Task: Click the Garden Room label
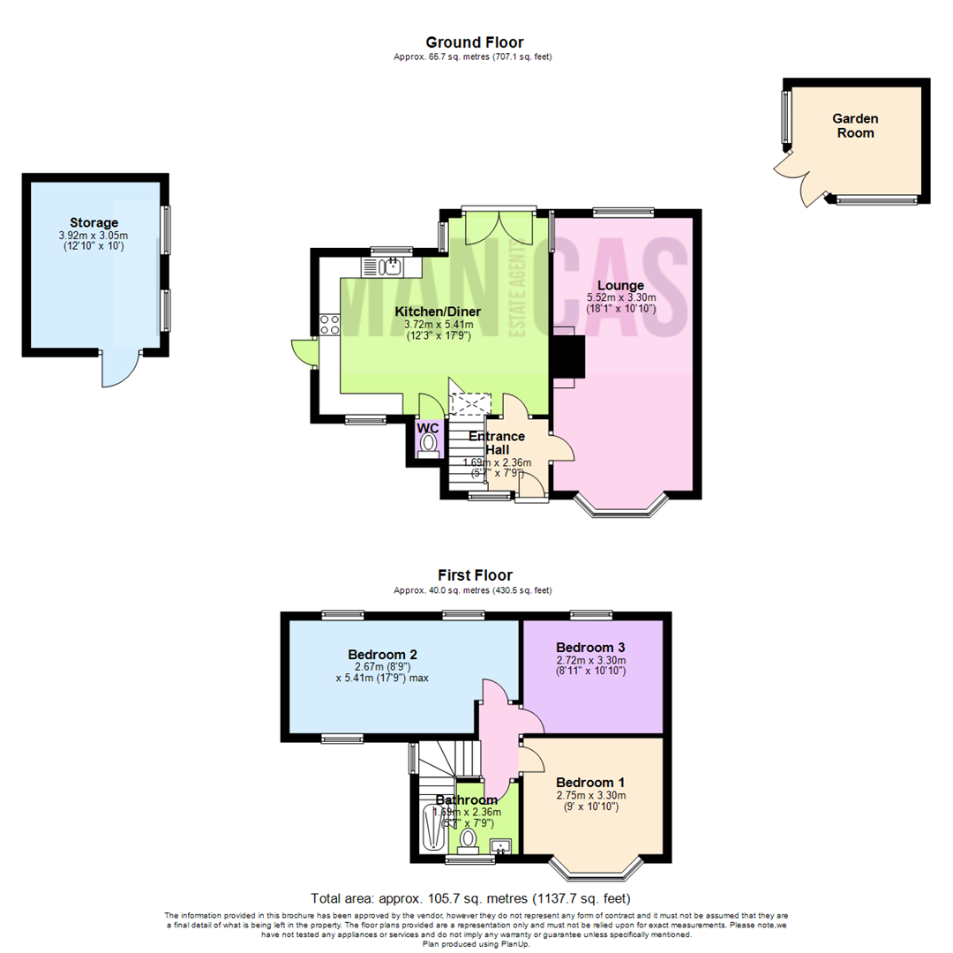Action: (855, 125)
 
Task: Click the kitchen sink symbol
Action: (386, 266)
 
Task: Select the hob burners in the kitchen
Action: (330, 324)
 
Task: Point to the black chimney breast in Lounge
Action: (567, 356)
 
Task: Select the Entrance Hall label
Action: (497, 443)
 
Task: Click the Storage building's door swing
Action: (121, 369)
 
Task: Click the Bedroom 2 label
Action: (382, 655)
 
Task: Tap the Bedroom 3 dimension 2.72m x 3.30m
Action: (590, 660)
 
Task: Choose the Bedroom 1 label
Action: (590, 783)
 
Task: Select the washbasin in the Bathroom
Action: (501, 847)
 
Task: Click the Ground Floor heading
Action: (474, 42)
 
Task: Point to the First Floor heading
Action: (474, 575)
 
